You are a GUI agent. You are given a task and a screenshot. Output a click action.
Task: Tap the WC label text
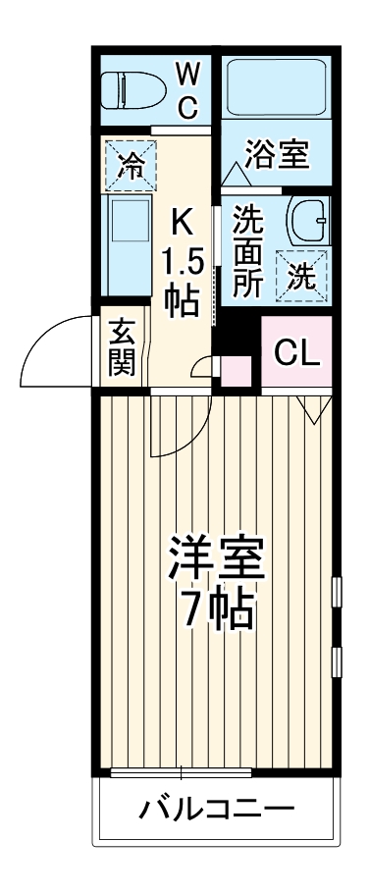[188, 88]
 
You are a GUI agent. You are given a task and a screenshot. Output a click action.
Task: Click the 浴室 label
[278, 155]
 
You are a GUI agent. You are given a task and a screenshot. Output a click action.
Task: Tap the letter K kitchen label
[183, 221]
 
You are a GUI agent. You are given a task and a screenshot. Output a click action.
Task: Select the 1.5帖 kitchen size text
[183, 281]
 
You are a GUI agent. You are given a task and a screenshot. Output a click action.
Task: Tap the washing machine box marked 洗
[300, 274]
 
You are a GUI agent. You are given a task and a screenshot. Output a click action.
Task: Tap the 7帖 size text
[218, 610]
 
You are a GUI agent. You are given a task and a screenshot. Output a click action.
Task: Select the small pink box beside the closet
[236, 369]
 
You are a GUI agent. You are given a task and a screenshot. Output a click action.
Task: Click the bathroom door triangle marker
[236, 173]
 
